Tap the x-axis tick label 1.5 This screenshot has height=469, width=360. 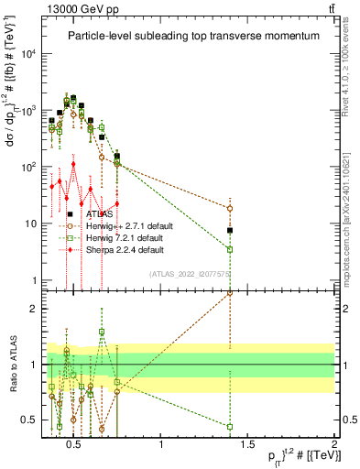click(247, 446)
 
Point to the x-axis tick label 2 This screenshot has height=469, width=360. click(334, 446)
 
